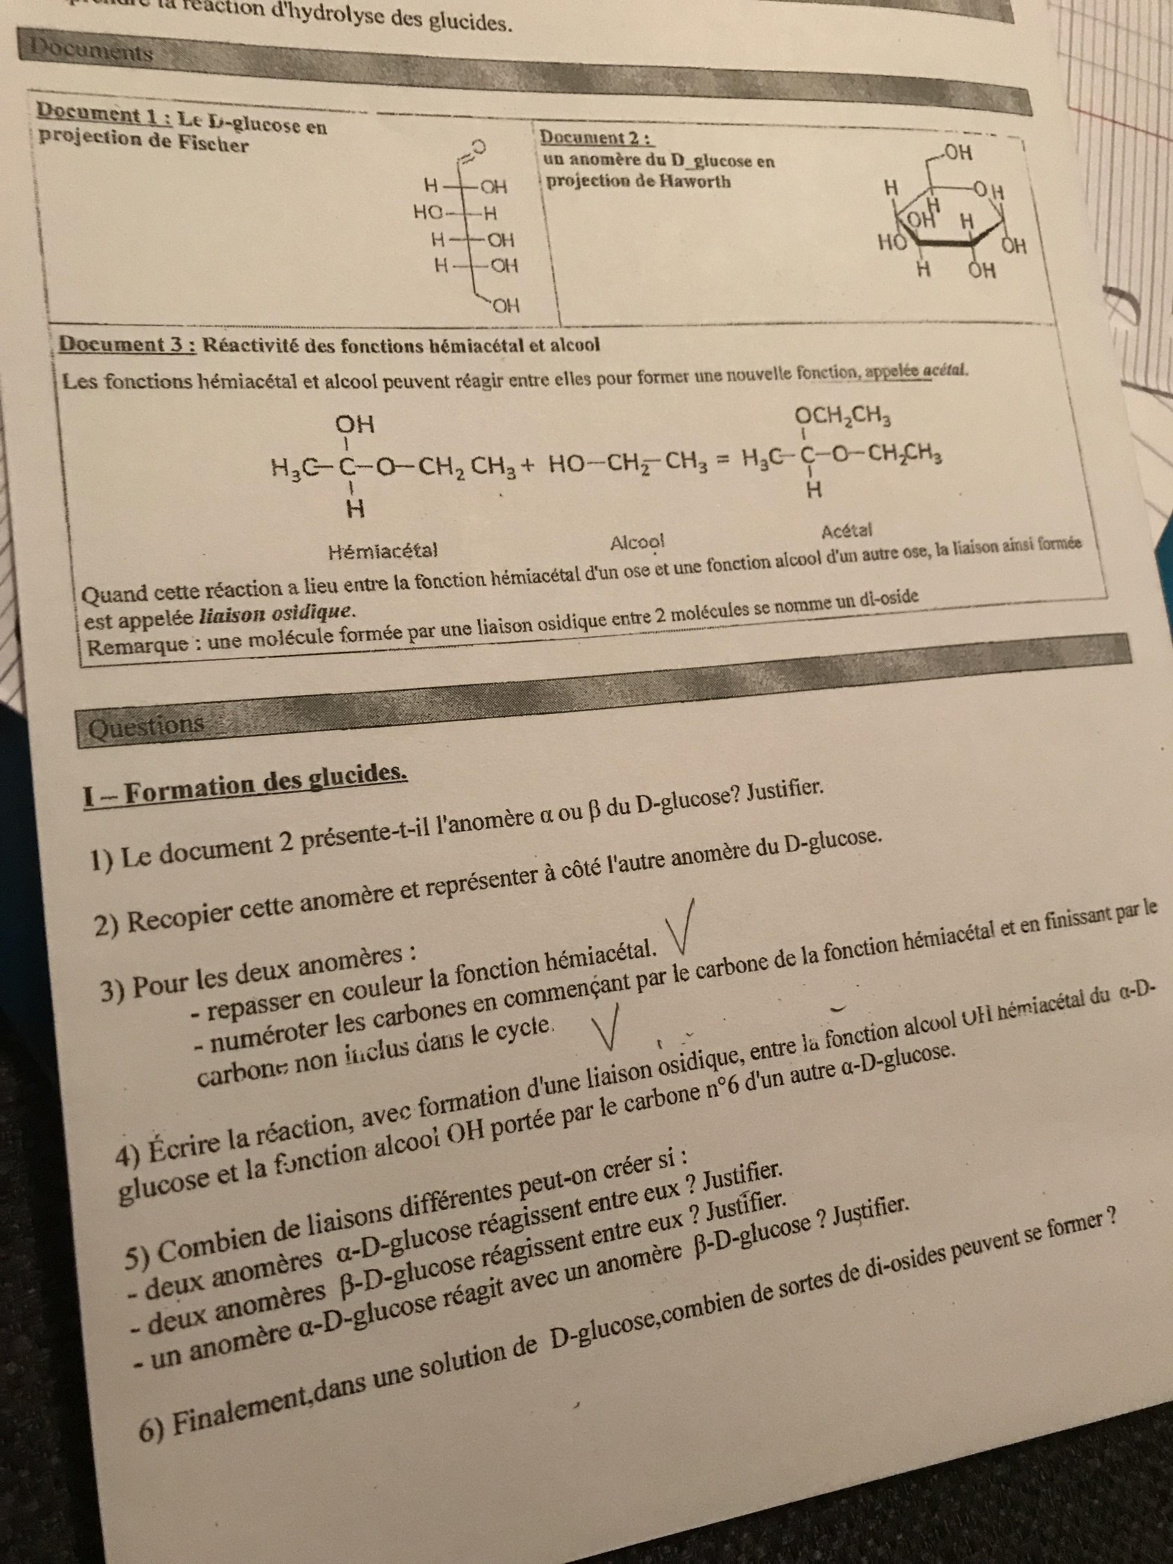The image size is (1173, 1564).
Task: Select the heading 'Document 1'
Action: pyautogui.click(x=96, y=114)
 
